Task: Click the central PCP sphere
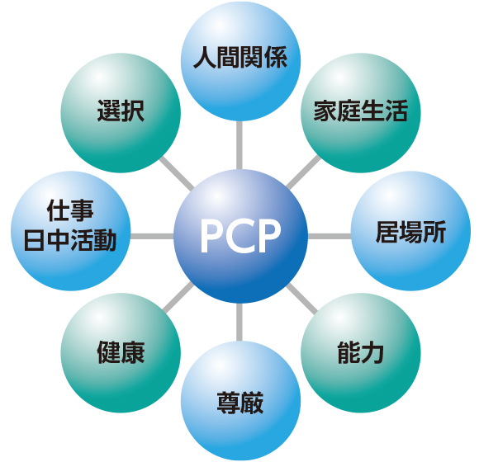coord(240,236)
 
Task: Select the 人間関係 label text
coord(240,58)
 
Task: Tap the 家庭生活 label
coord(361,111)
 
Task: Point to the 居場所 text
coord(411,232)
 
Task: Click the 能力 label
coord(361,353)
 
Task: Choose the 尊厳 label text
coord(240,403)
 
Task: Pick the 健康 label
coord(121,353)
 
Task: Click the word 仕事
coord(70,210)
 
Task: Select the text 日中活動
coord(70,240)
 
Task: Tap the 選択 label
coord(121,111)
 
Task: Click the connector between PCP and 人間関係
coord(239,145)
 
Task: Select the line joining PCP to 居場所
coord(330,236)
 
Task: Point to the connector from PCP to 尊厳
coord(239,322)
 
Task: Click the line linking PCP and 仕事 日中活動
coord(152,236)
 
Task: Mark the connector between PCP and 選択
coord(177,173)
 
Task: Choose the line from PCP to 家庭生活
coord(303,172)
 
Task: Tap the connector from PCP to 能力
coord(302,299)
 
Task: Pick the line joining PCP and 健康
coord(178,297)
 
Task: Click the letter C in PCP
coord(240,236)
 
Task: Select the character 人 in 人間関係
coord(205,58)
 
